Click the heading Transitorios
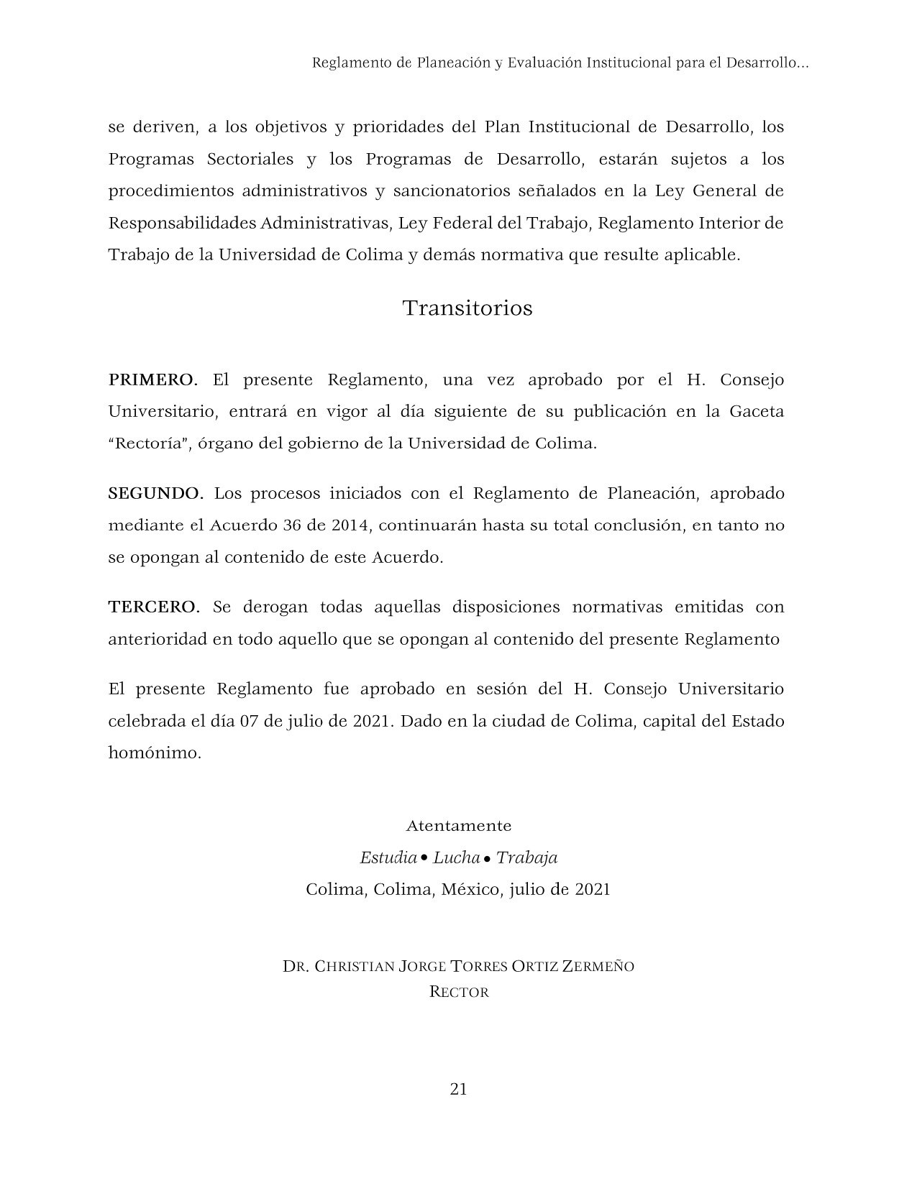pyautogui.click(x=467, y=308)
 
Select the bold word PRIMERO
pyautogui.click(x=152, y=380)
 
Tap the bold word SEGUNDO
pyautogui.click(x=155, y=493)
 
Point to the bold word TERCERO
pyautogui.click(x=154, y=607)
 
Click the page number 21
pyautogui.click(x=458, y=1089)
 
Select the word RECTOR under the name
pyautogui.click(x=459, y=993)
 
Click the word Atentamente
pyautogui.click(x=458, y=825)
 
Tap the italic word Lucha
pyautogui.click(x=456, y=858)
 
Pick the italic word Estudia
pyautogui.click(x=388, y=858)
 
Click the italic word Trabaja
pyautogui.click(x=526, y=858)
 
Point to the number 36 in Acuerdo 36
pyautogui.click(x=291, y=525)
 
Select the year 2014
pyautogui.click(x=350, y=525)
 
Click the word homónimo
pyautogui.click(x=155, y=753)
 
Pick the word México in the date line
pyautogui.click(x=471, y=889)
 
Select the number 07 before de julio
pyautogui.click(x=249, y=721)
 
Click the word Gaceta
pyautogui.click(x=756, y=412)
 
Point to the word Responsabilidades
pyautogui.click(x=182, y=223)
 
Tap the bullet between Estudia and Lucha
pyautogui.click(x=424, y=858)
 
